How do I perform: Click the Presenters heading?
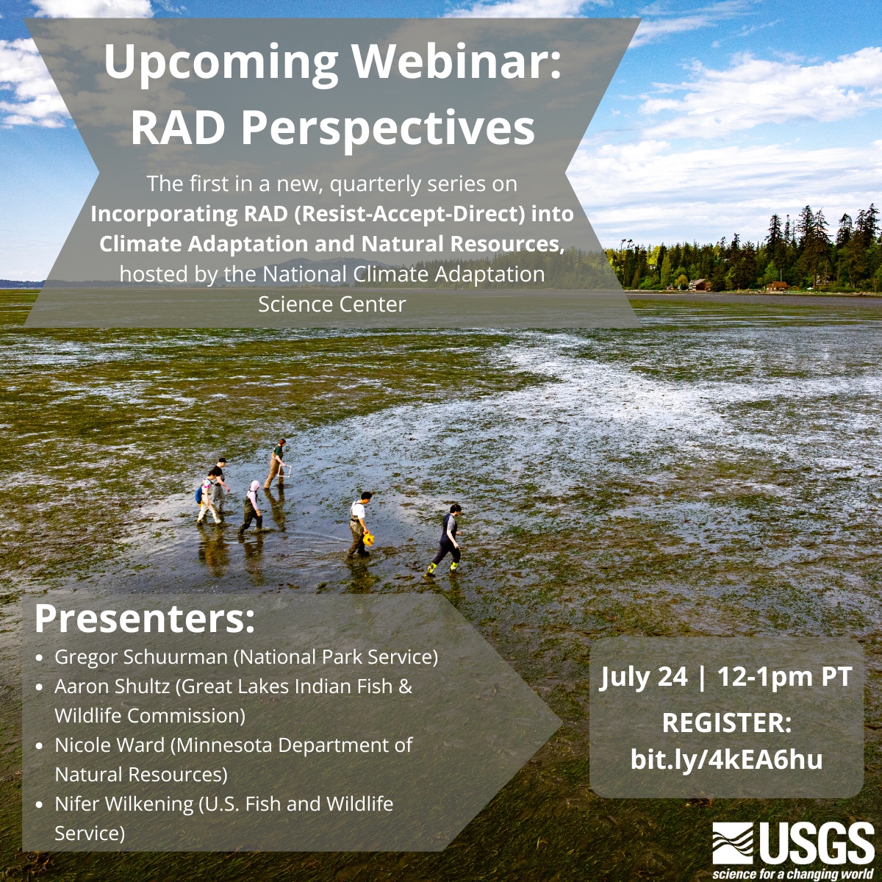point(145,618)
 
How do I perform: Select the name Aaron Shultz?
point(112,686)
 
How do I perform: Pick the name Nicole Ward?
point(110,745)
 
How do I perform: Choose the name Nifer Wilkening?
point(124,804)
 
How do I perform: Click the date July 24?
point(644,677)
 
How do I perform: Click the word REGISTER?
point(727,723)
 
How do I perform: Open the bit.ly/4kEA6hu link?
point(727,759)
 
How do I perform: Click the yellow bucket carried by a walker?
point(368,539)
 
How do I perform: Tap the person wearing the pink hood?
point(252,506)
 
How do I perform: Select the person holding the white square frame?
point(276,463)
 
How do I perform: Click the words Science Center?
point(331,304)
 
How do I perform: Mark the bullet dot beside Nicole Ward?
point(40,746)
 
